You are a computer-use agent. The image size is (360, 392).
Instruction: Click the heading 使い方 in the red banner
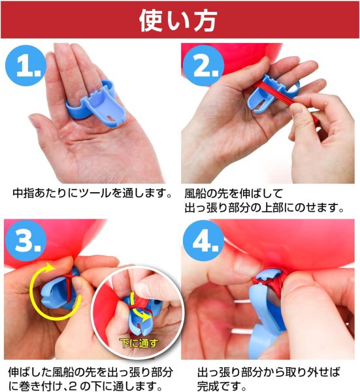tap(179, 20)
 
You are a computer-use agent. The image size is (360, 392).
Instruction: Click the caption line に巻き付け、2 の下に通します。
tap(85, 385)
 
